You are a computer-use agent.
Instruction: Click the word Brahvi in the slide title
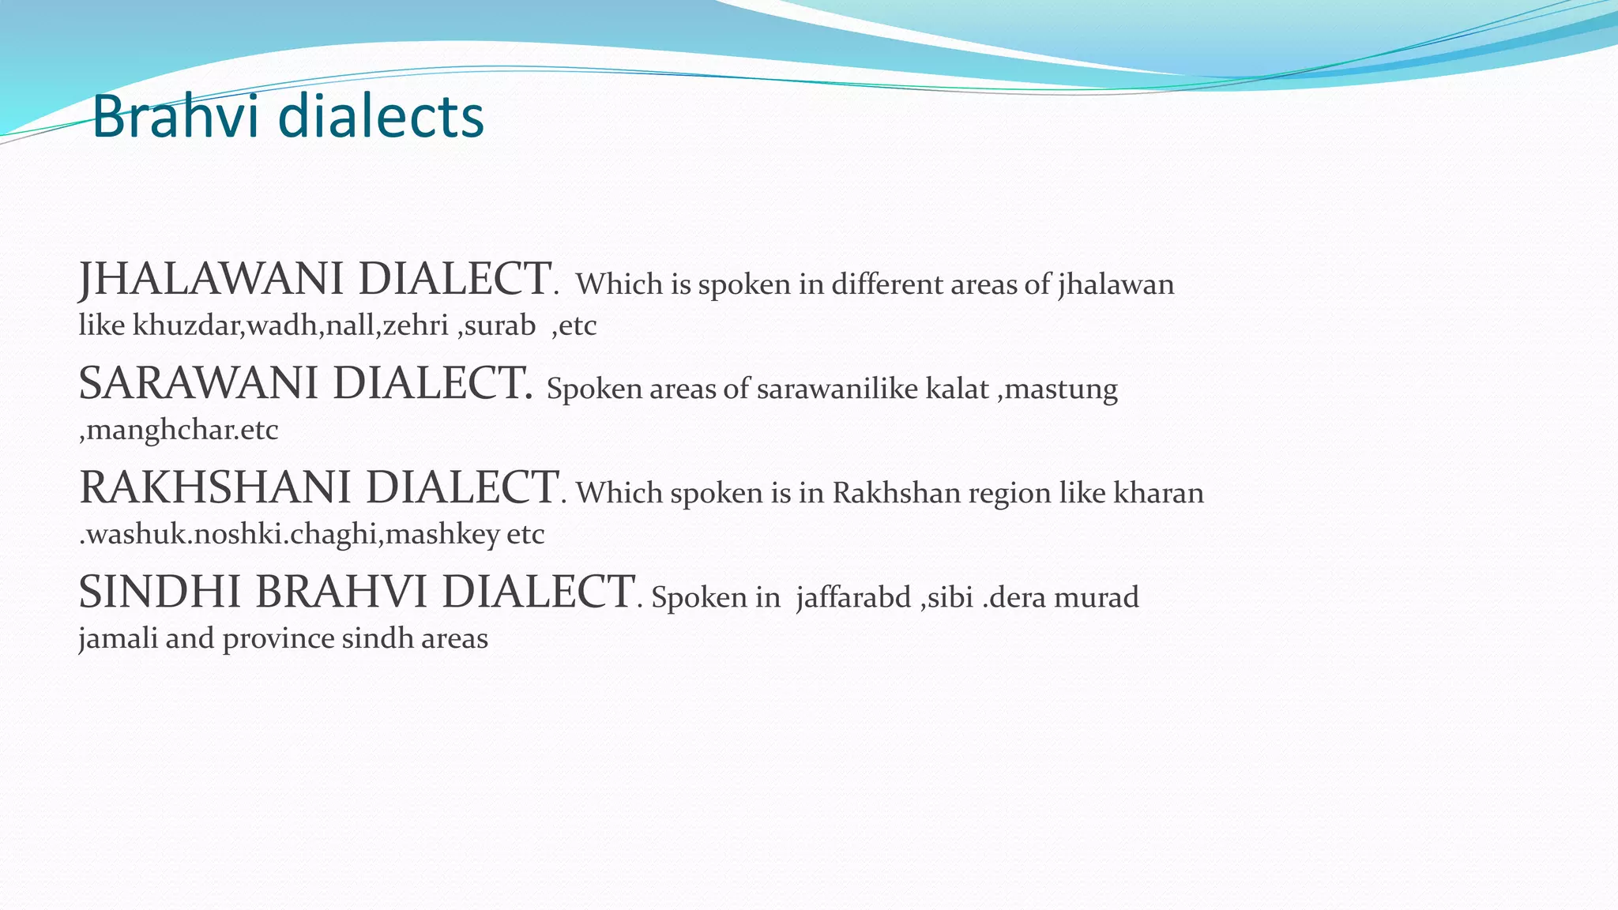[178, 117]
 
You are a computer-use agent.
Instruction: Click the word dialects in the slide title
[382, 117]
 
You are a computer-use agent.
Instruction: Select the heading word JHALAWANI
[211, 280]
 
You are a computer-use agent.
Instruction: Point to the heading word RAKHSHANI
[215, 488]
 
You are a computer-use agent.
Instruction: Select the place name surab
[500, 325]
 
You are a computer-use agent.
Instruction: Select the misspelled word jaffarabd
[853, 598]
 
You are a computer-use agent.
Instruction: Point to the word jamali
[118, 639]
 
